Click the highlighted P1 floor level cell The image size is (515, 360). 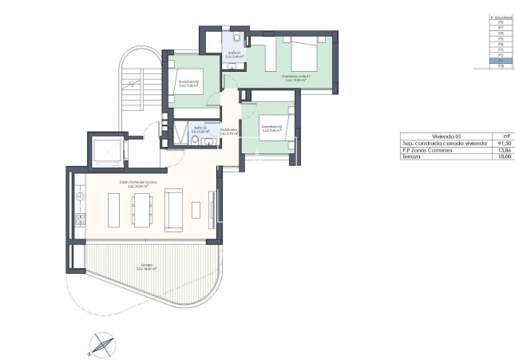pos(500,60)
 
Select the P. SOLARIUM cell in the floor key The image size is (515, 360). pos(500,15)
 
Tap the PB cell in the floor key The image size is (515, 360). pos(500,66)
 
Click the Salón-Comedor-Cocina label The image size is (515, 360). pos(137,183)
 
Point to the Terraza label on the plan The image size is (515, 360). pos(146,266)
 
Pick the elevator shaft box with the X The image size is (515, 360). pos(105,151)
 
